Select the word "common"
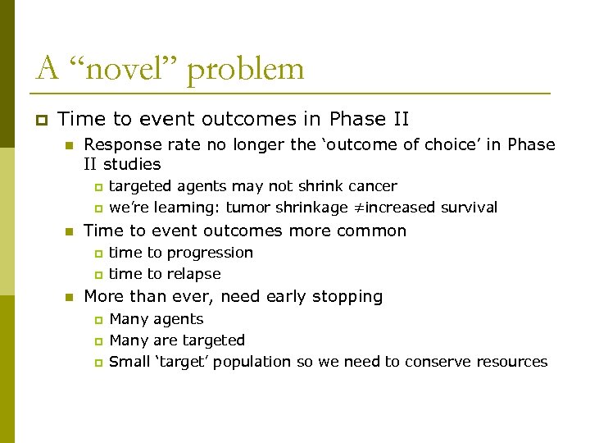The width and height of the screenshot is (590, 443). tap(368, 231)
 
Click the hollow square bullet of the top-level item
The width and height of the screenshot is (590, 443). tap(40, 120)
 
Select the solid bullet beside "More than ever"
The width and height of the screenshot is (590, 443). tap(70, 297)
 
